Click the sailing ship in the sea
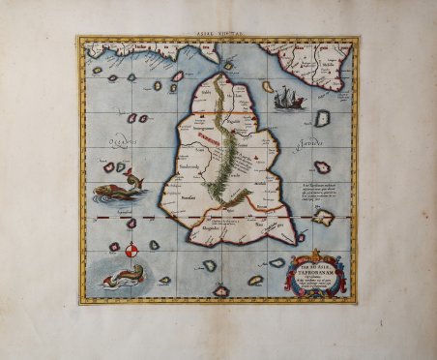[x=288, y=98]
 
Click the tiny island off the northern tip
[x=228, y=65]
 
